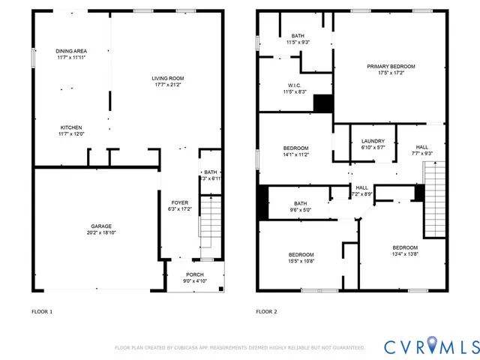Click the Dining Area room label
[71, 51]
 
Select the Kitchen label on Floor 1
[71, 127]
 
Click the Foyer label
[179, 202]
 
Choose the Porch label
[194, 275]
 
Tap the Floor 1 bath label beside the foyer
[211, 172]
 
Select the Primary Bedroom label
[391, 67]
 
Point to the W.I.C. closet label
[295, 85]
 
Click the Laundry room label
[373, 141]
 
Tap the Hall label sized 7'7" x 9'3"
[422, 147]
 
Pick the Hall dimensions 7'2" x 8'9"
[362, 194]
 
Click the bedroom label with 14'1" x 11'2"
[295, 148]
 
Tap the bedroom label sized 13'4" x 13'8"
[404, 247]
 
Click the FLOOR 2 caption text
[266, 311]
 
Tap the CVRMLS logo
[430, 346]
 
